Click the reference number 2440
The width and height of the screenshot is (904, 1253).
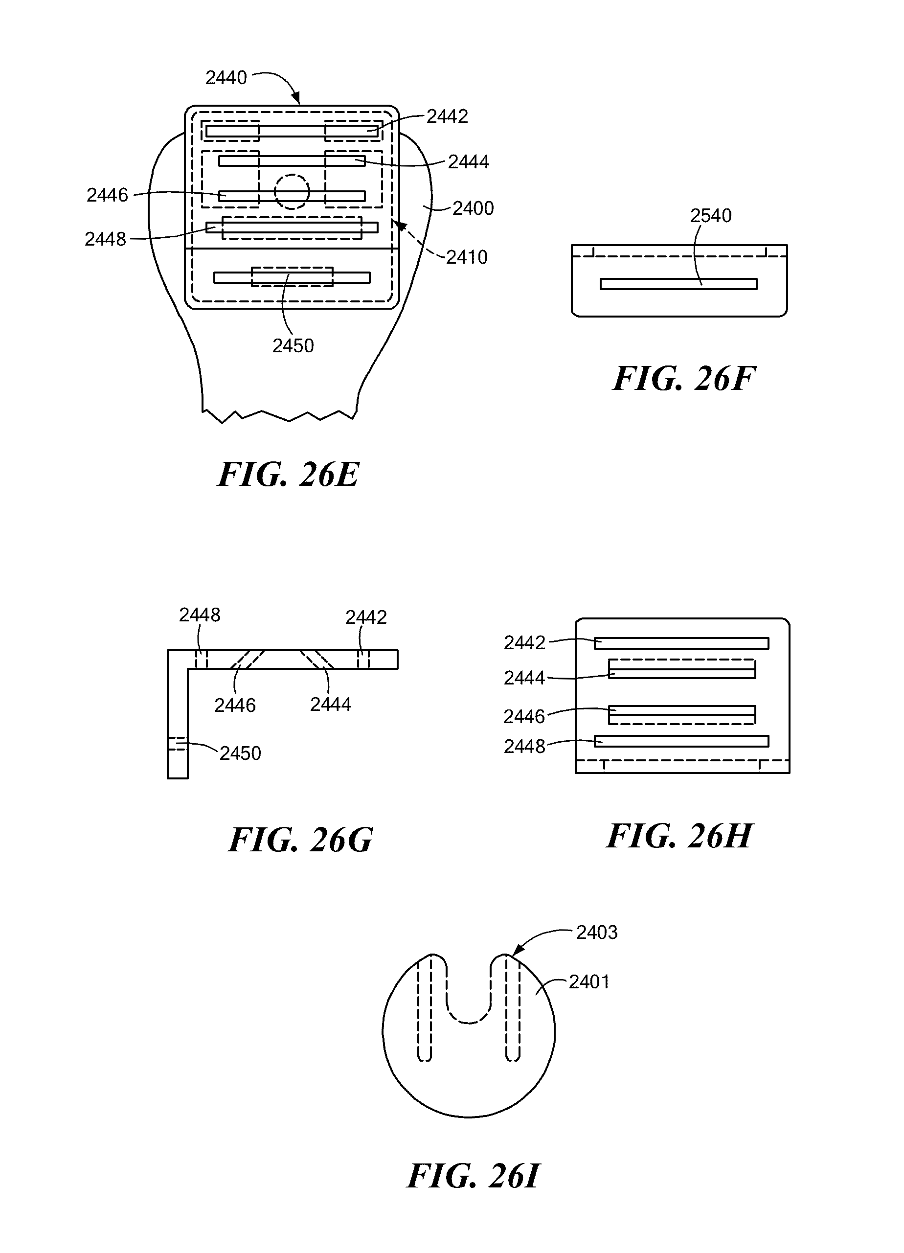[x=226, y=78]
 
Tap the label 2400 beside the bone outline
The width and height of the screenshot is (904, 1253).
[x=473, y=208]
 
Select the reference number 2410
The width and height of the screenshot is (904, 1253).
[x=467, y=257]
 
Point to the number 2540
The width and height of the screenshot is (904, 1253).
[x=711, y=215]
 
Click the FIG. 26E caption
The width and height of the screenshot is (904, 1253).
[x=288, y=474]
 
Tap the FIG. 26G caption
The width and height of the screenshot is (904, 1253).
[x=300, y=840]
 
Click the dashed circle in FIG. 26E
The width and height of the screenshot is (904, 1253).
[x=292, y=192]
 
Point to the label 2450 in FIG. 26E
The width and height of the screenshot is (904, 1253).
[x=293, y=346]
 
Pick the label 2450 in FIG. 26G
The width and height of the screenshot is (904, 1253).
[x=240, y=753]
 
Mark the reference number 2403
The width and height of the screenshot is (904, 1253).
[x=596, y=933]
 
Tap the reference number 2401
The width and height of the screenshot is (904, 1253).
[x=589, y=982]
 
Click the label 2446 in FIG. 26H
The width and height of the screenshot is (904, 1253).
[x=524, y=717]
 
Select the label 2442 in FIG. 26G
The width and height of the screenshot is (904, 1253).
[x=366, y=617]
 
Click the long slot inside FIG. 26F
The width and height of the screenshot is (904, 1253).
[x=678, y=284]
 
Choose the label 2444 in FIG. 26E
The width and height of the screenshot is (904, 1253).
[x=468, y=162]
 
